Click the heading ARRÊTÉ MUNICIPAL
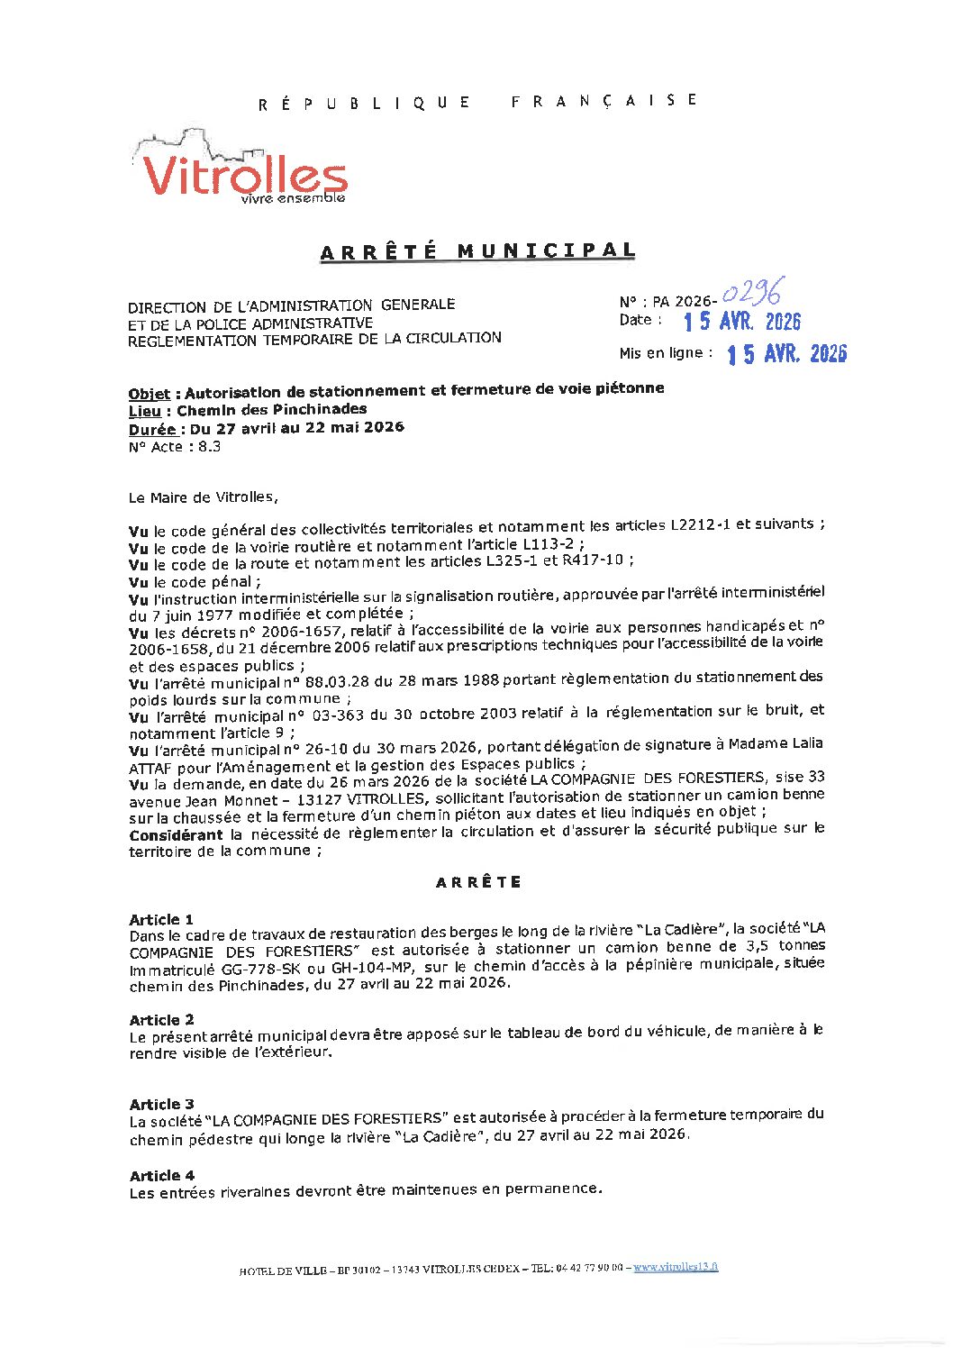click(x=477, y=251)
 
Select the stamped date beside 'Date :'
click(x=741, y=322)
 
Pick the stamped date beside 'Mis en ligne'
click(x=786, y=354)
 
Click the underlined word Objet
click(x=149, y=394)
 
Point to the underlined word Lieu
click(x=144, y=411)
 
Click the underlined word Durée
click(x=151, y=429)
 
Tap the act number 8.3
click(x=209, y=446)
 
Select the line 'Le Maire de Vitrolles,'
click(x=204, y=496)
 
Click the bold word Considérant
click(x=176, y=835)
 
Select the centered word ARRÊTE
click(x=478, y=882)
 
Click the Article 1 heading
click(x=161, y=919)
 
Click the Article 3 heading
click(x=161, y=1104)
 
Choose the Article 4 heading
click(x=161, y=1175)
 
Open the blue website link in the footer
click(x=676, y=1266)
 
